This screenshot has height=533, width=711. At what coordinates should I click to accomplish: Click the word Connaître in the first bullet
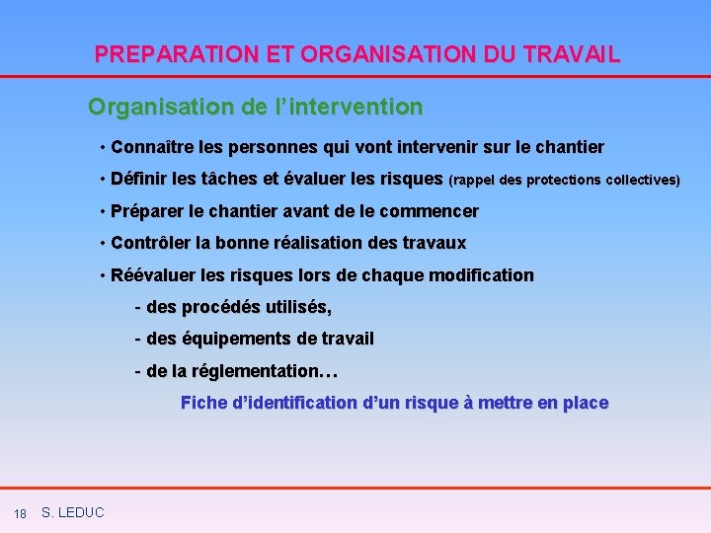point(152,148)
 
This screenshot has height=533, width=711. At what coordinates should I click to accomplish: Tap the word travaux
point(433,243)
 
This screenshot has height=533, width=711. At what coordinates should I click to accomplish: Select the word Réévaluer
point(153,275)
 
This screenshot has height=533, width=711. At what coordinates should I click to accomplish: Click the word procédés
point(222,308)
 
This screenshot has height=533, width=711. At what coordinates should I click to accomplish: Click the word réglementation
point(255,372)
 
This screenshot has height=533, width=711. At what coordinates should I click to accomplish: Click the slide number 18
point(20,513)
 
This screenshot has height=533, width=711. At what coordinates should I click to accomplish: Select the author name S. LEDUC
point(73,512)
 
